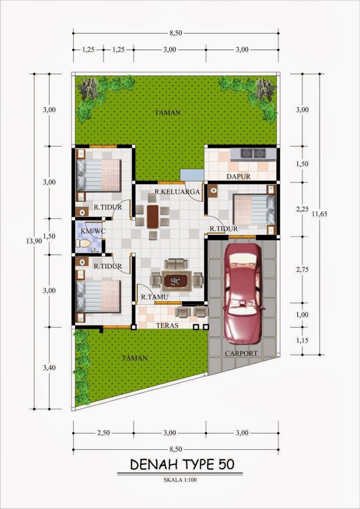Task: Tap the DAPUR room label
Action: coord(238,176)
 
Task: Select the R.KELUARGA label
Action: coord(177,191)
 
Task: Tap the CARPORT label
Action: coord(241,353)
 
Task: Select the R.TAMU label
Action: coord(154,297)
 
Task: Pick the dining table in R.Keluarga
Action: coord(152,216)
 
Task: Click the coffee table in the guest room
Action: coord(177,281)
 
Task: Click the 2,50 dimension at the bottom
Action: coord(103,433)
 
